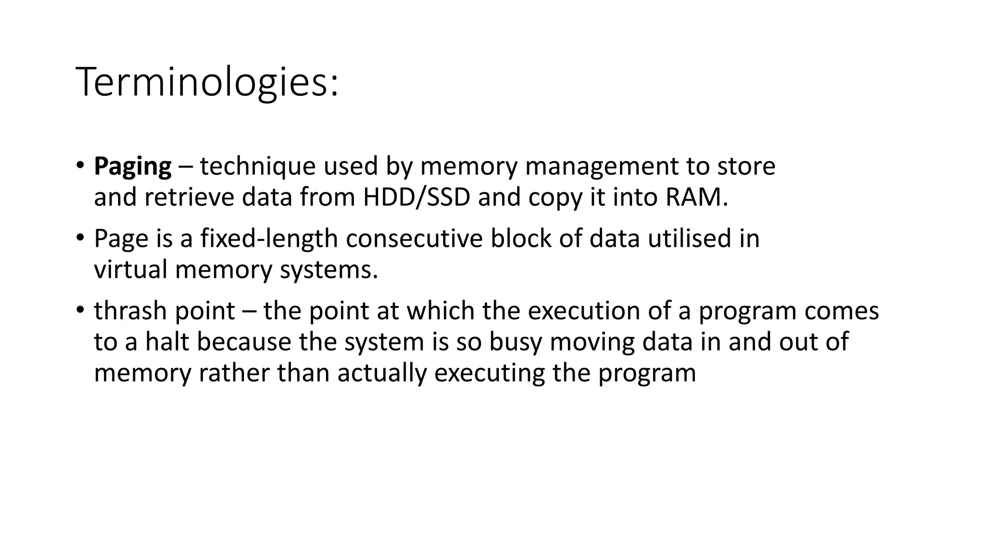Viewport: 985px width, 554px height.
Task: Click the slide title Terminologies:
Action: tap(207, 82)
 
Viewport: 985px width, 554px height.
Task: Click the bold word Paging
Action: tap(132, 167)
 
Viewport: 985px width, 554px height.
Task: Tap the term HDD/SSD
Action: tap(417, 197)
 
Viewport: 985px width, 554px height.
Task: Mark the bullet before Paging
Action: tap(80, 166)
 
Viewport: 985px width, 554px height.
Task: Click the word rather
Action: tap(234, 373)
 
